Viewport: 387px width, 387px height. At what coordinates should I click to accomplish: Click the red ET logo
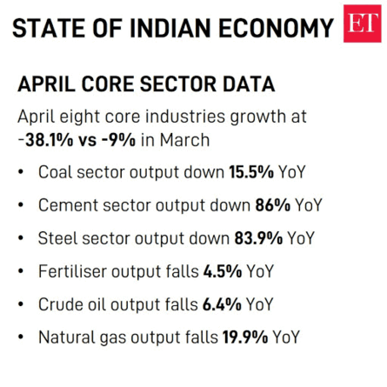pos(362,23)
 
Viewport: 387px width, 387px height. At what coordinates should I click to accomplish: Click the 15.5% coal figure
pos(251,172)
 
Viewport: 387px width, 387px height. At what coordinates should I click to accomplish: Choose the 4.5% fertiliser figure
pos(222,271)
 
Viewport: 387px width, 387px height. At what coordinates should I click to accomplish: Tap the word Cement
pos(69,205)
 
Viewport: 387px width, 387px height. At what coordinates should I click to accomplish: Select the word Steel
pos(58,238)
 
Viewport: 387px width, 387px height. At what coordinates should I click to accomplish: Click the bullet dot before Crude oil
pos(21,305)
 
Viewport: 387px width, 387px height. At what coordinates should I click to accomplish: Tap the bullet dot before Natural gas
pos(21,338)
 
